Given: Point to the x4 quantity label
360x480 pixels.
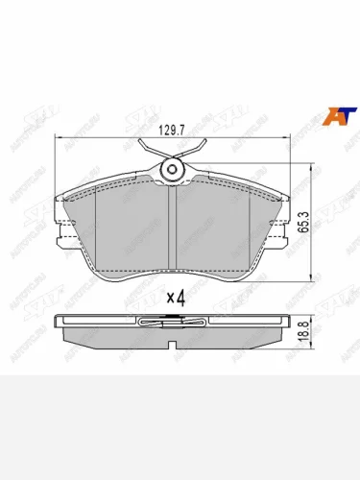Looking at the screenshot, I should pos(174,298).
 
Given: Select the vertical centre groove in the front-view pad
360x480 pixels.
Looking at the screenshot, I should pos(171,230).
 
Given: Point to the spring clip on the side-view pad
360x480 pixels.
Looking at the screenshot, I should pos(172,323).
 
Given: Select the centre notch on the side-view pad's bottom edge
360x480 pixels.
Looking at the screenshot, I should pos(172,340).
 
